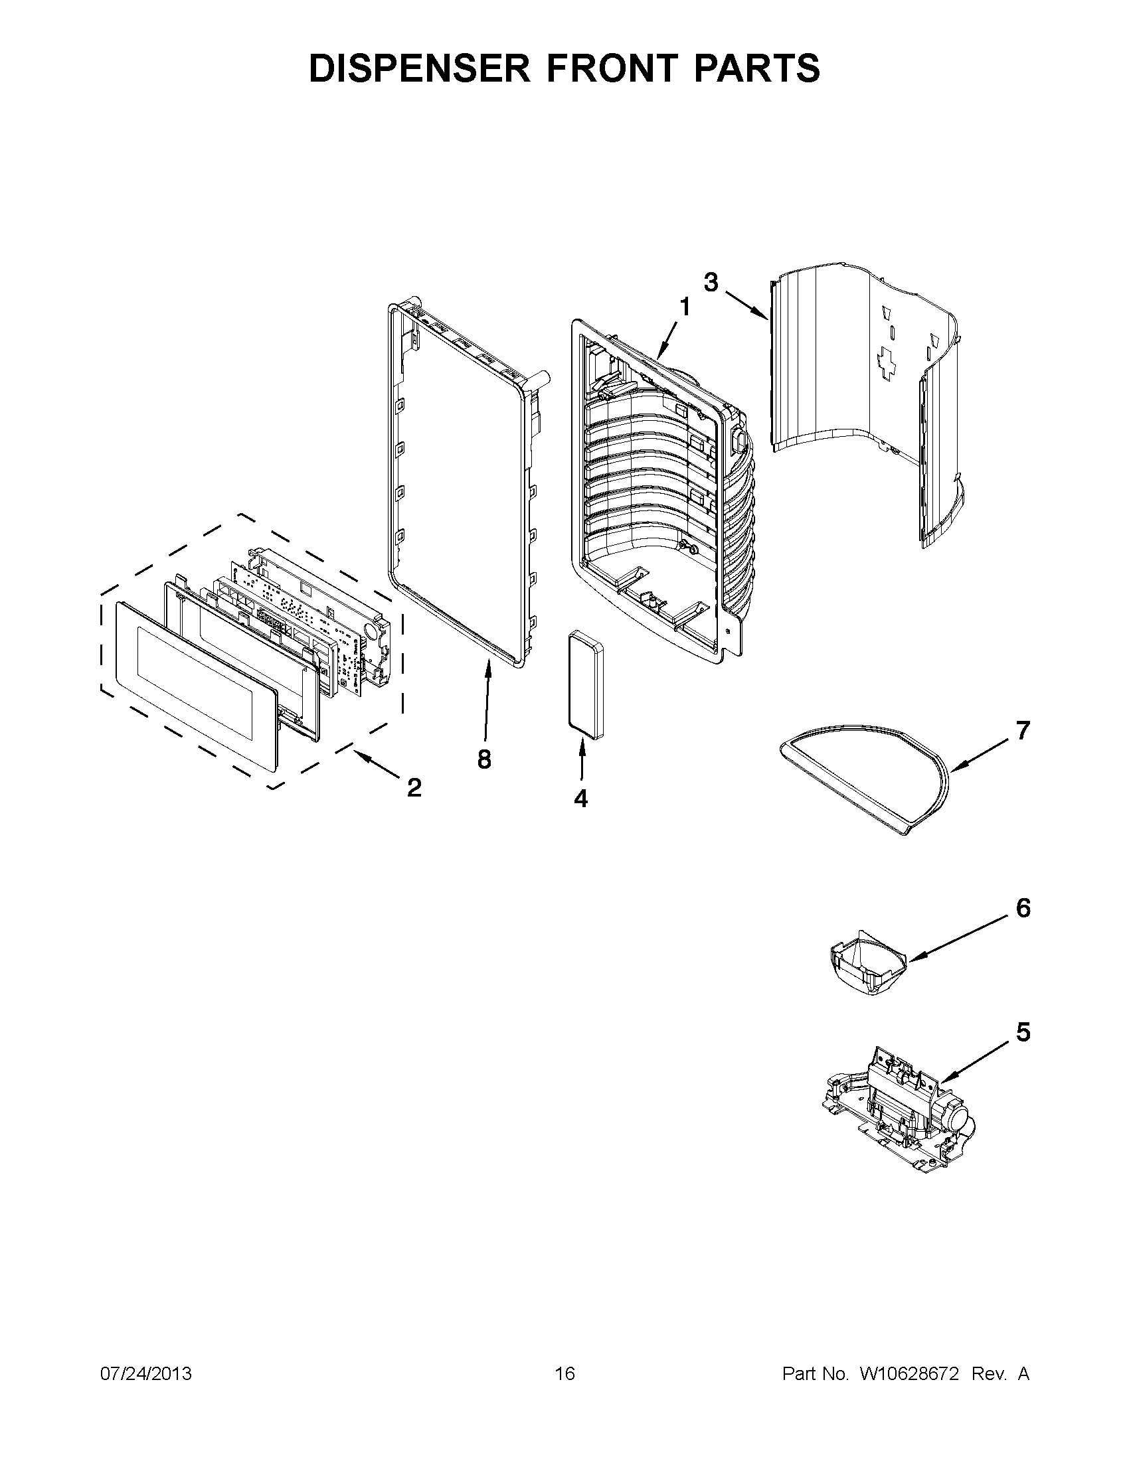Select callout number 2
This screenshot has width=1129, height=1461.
(x=414, y=788)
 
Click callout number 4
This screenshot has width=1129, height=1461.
(x=580, y=798)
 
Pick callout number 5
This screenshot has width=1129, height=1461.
(x=1023, y=1032)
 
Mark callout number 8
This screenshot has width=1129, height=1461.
(x=484, y=759)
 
